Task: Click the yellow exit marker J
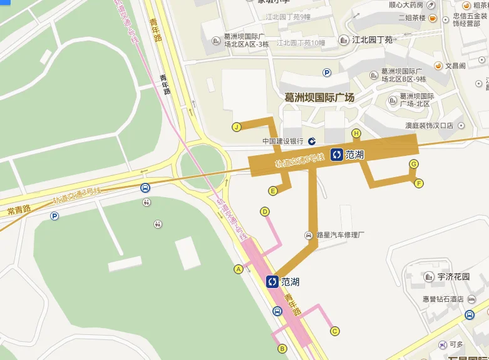click(237, 127)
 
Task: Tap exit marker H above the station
click(356, 133)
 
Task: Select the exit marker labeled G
click(413, 164)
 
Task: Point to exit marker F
click(419, 183)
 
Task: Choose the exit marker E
click(273, 190)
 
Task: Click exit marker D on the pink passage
click(265, 212)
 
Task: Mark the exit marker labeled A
click(238, 269)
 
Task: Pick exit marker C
click(334, 331)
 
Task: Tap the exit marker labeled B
click(282, 349)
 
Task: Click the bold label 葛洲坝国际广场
click(319, 98)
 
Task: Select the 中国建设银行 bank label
click(283, 141)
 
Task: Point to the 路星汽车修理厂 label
click(341, 235)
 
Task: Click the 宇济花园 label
click(454, 276)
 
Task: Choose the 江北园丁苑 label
click(373, 40)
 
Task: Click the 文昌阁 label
click(455, 66)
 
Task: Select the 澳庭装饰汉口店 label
click(429, 126)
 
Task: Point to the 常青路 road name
click(19, 210)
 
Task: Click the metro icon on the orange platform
click(337, 155)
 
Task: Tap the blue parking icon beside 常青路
click(54, 216)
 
